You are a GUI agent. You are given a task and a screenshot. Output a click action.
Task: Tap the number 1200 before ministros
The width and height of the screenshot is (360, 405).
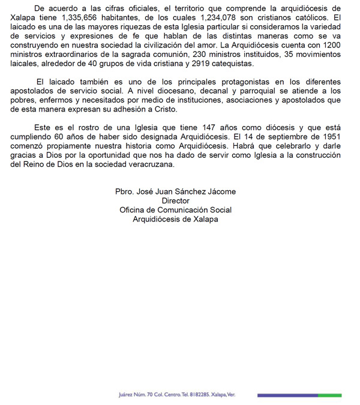coord(331,46)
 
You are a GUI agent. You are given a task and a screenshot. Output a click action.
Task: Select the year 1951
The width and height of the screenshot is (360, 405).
coord(331,137)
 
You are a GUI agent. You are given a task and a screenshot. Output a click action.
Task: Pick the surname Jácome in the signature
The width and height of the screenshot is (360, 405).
coord(222,192)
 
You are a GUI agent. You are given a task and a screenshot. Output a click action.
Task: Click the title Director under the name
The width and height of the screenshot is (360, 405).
coord(175,201)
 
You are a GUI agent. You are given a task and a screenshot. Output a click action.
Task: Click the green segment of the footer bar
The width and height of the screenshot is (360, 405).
coord(329,395)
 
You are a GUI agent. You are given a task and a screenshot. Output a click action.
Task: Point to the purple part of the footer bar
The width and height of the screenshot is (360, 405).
coord(287,395)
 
